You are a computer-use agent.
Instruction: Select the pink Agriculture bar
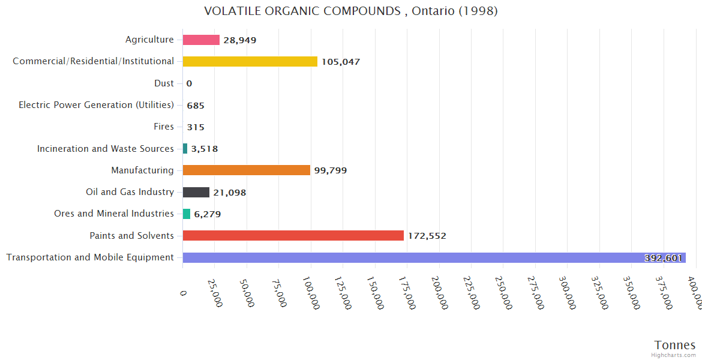(201, 40)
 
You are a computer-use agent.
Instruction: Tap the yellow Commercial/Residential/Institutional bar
(250, 61)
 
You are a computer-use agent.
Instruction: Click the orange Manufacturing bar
(246, 170)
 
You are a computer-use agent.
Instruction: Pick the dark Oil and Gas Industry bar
(196, 192)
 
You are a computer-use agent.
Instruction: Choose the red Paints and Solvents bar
(293, 236)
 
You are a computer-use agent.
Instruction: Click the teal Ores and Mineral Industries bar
(187, 214)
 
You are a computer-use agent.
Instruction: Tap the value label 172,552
(427, 236)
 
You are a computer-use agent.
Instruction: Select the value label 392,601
(663, 258)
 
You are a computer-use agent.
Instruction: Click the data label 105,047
(340, 62)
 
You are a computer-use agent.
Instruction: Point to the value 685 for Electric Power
(196, 106)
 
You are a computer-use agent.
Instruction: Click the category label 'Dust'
(164, 83)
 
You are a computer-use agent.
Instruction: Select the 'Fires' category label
(164, 127)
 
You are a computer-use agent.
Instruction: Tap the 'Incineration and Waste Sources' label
(106, 148)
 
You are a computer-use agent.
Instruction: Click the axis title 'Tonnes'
(674, 345)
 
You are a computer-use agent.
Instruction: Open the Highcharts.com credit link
(674, 355)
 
